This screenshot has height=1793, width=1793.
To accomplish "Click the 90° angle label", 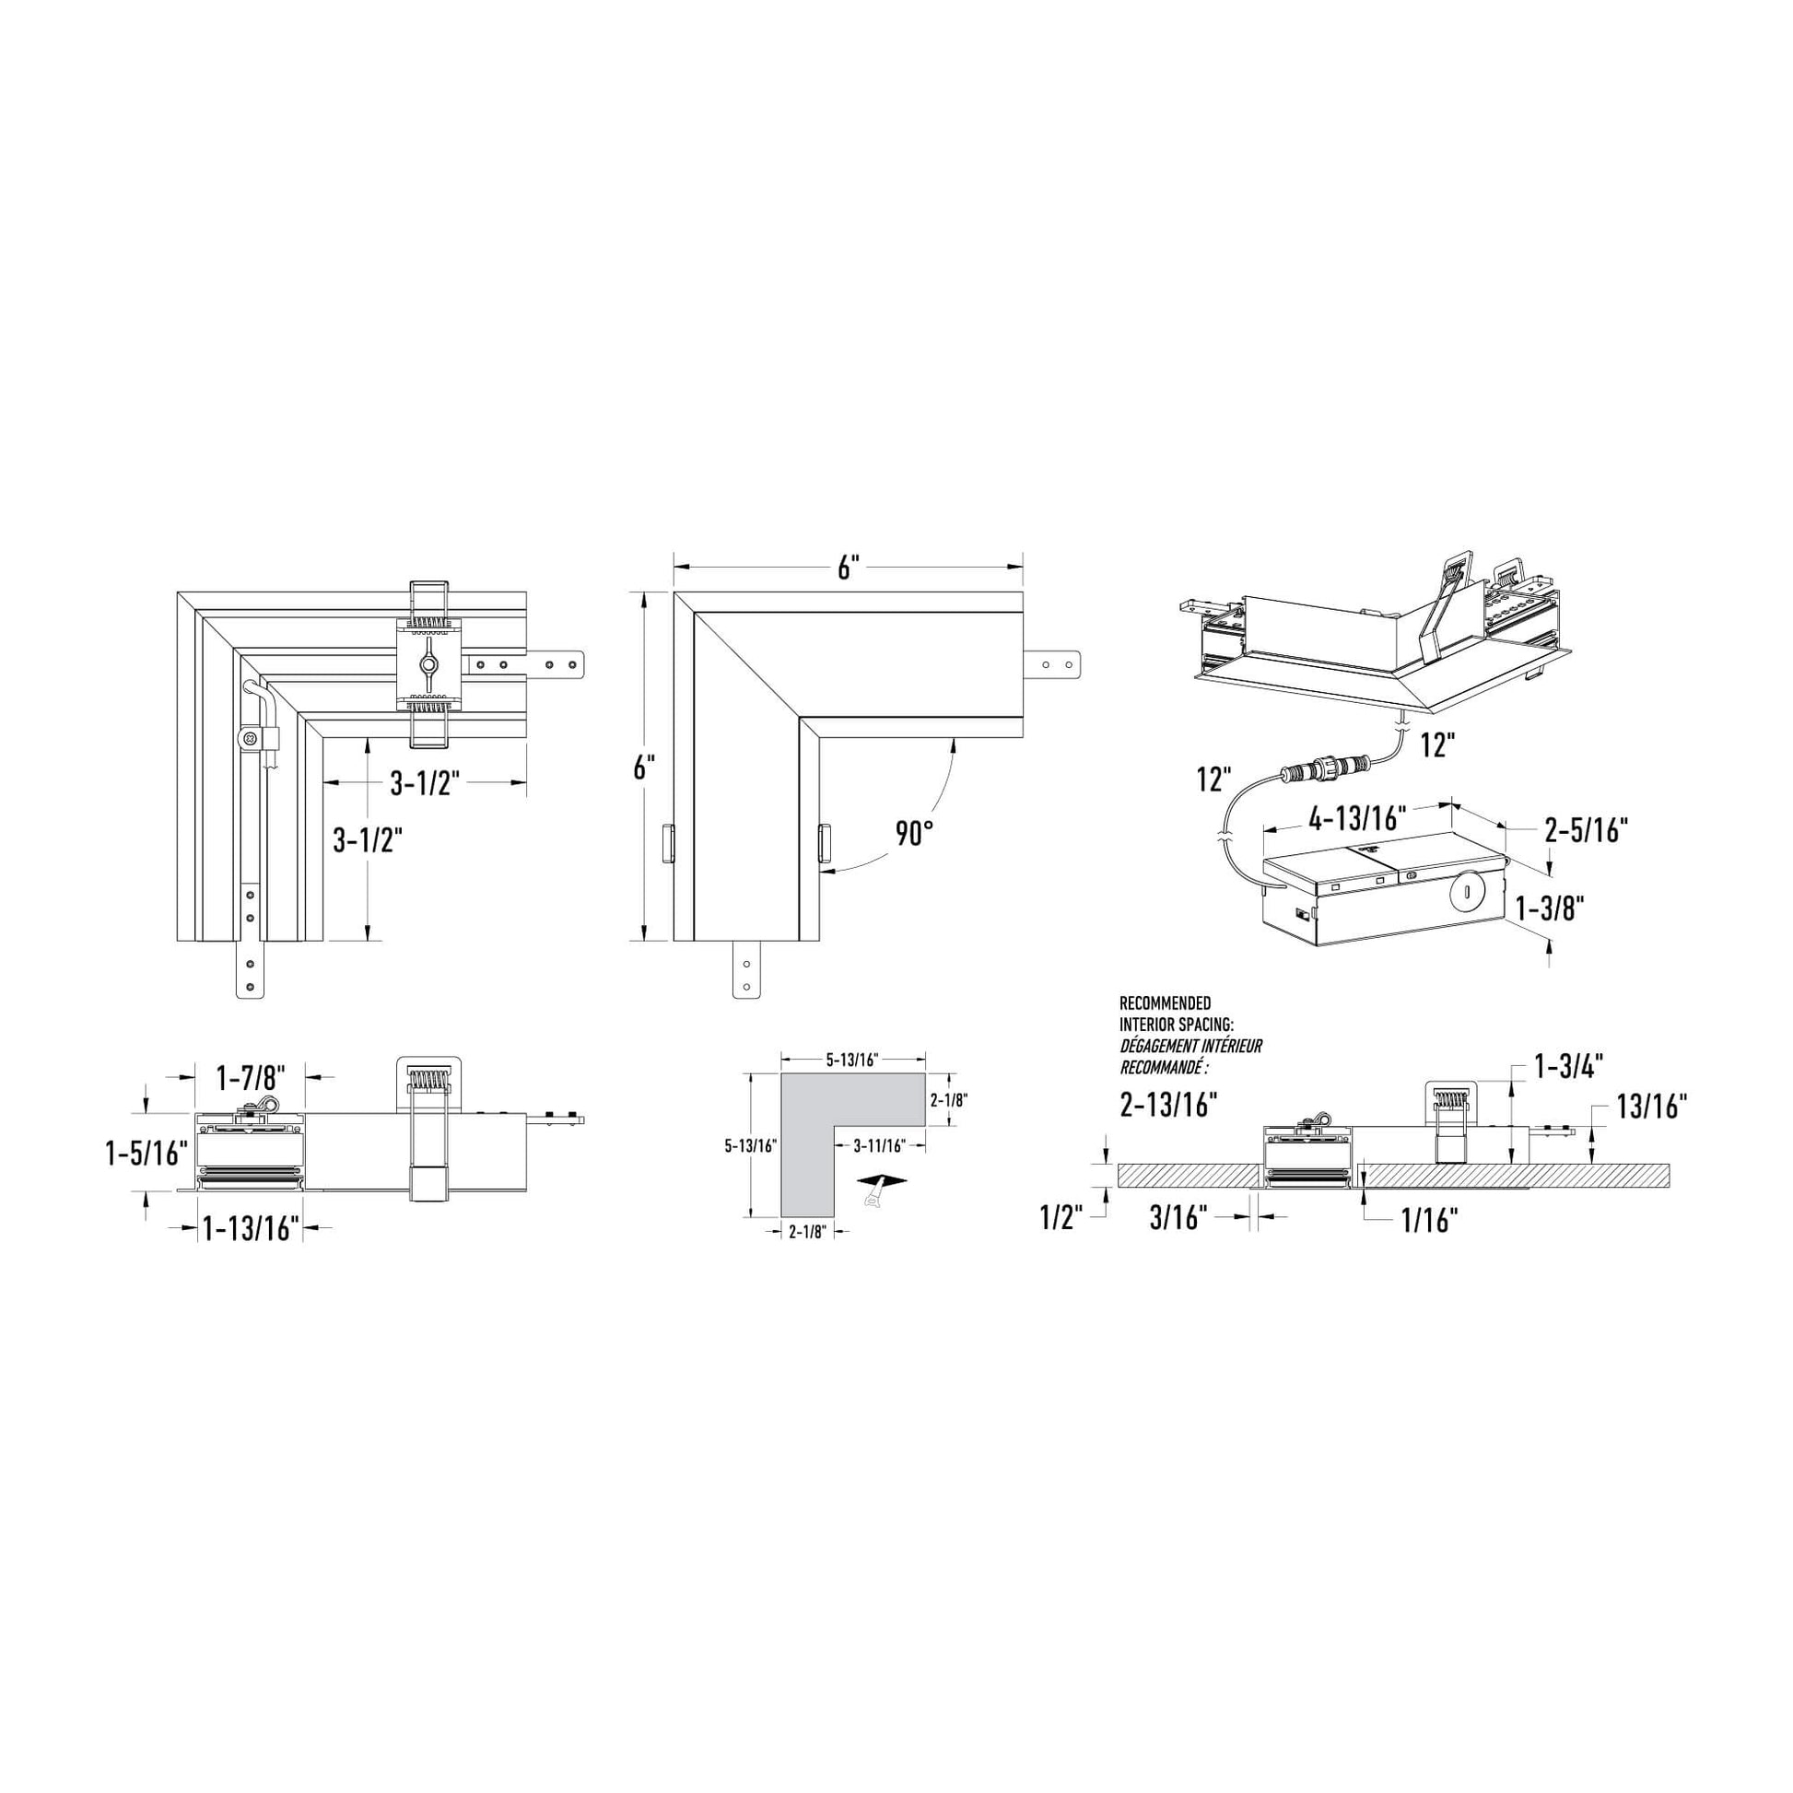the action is click(913, 834).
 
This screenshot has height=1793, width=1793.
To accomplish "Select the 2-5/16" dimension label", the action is click(1586, 828).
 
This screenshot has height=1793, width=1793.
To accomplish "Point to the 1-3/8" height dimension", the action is click(1551, 908).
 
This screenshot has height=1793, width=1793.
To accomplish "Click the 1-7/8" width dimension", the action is click(251, 1078).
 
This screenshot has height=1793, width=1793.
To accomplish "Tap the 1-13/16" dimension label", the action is click(252, 1229).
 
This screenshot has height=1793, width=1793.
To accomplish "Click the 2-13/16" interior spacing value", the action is click(1168, 1105).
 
